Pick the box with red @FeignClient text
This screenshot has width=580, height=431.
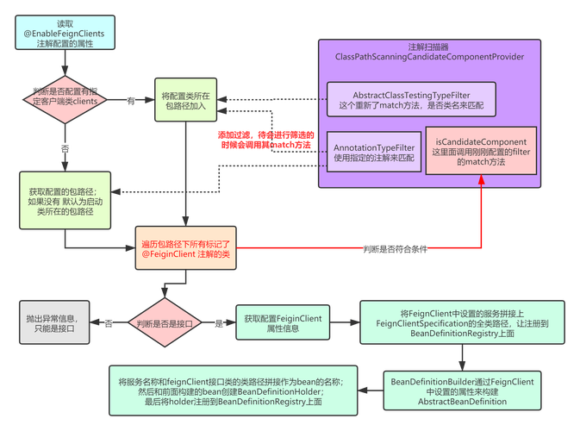184,247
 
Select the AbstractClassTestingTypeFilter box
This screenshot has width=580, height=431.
411,99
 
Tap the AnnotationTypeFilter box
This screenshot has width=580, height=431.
373,153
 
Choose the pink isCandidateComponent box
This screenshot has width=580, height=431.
480,152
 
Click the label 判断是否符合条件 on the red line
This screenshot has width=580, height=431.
396,248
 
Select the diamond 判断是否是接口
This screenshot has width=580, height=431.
164,324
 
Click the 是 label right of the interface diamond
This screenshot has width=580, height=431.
218,324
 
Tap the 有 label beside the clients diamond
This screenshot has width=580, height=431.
131,101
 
